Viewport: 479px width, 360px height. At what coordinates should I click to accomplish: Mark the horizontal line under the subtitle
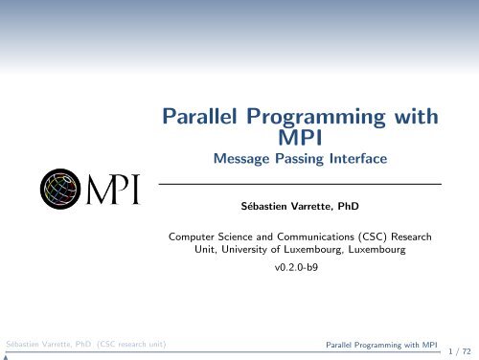coord(299,183)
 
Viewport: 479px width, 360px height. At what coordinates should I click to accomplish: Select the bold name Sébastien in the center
coord(264,204)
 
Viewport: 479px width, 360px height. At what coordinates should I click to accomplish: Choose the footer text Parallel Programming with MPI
coord(376,343)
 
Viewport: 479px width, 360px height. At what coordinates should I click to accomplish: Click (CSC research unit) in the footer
coord(125,343)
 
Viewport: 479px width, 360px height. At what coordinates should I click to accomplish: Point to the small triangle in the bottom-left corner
coord(5,355)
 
